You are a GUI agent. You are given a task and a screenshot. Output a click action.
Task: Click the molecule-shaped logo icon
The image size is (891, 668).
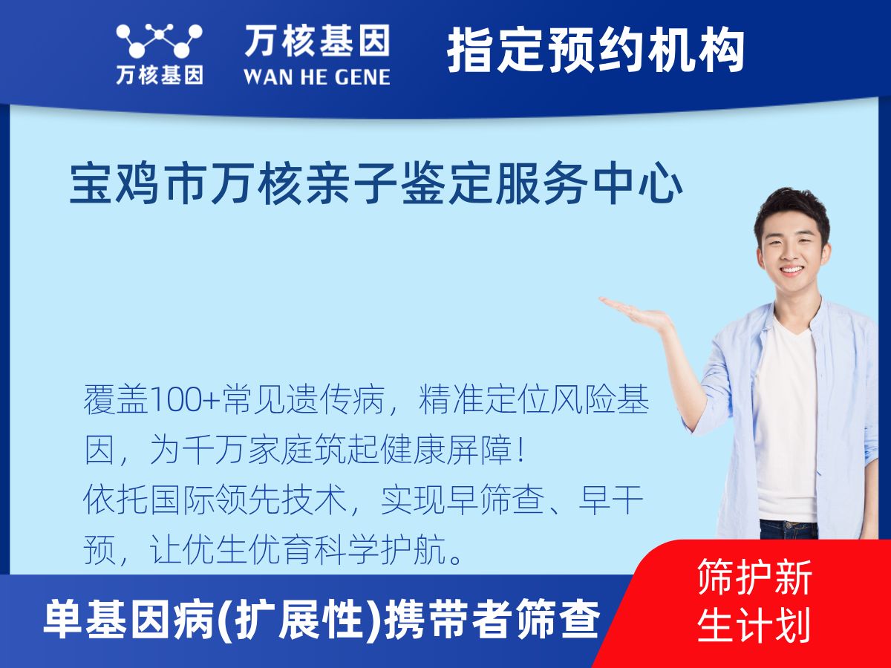[x=159, y=41]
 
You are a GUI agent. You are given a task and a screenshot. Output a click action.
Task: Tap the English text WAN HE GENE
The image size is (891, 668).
[x=317, y=77]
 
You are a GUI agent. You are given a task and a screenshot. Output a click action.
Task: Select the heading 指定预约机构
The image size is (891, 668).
[x=596, y=50]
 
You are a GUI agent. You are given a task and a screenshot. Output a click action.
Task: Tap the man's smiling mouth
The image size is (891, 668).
[x=792, y=269]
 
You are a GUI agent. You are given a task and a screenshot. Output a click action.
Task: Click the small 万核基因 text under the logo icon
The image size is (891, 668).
[x=160, y=75]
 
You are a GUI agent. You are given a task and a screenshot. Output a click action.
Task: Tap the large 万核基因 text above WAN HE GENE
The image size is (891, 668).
[x=317, y=41]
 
